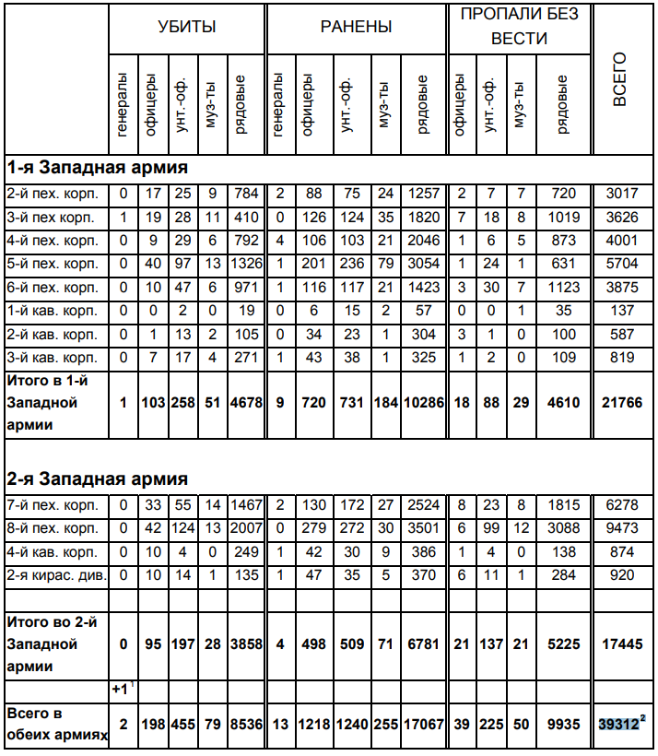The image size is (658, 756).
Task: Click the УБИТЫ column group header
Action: [187, 27]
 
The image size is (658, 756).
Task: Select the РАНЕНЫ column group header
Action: [356, 27]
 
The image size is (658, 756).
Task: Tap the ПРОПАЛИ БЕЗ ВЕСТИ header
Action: [519, 27]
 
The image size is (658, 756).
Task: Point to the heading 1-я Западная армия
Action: [98, 168]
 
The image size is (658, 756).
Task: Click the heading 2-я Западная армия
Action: [98, 479]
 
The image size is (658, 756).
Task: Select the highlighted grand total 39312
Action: [617, 726]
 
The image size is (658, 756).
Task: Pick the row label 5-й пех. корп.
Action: [53, 264]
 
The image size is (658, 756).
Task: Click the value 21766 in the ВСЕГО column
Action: [620, 403]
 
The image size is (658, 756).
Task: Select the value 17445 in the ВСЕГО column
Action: [620, 643]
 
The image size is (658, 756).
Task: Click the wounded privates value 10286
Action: [424, 403]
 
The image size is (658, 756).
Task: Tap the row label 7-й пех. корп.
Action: [53, 504]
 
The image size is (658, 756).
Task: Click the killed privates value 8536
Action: [246, 726]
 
